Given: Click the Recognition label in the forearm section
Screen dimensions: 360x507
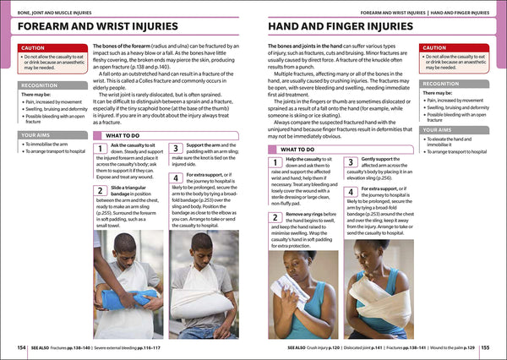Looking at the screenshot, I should click(x=40, y=85).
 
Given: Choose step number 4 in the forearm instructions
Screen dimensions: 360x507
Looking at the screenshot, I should click(x=176, y=178).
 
